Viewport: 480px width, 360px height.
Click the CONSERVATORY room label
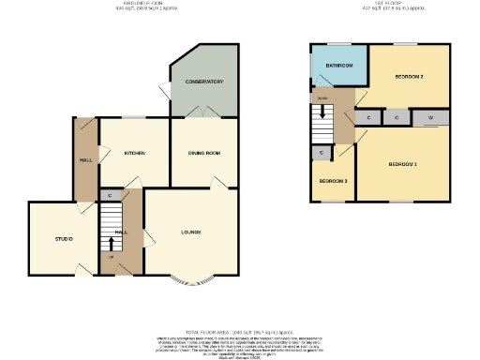pos(204,82)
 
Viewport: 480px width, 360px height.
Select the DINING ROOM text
pos(203,153)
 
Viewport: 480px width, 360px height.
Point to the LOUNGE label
pos(191,232)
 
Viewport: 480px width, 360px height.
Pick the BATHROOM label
pos(338,66)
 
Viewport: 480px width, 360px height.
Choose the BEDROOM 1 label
pos(403,164)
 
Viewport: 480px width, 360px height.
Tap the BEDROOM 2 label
pos(409,75)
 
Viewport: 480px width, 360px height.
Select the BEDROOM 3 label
pos(333,180)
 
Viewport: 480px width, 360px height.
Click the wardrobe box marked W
pos(430,118)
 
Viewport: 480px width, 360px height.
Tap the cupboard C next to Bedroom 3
pos(322,152)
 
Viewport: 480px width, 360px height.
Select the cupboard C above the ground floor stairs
pos(110,195)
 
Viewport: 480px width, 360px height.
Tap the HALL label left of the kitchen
pos(84,160)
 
